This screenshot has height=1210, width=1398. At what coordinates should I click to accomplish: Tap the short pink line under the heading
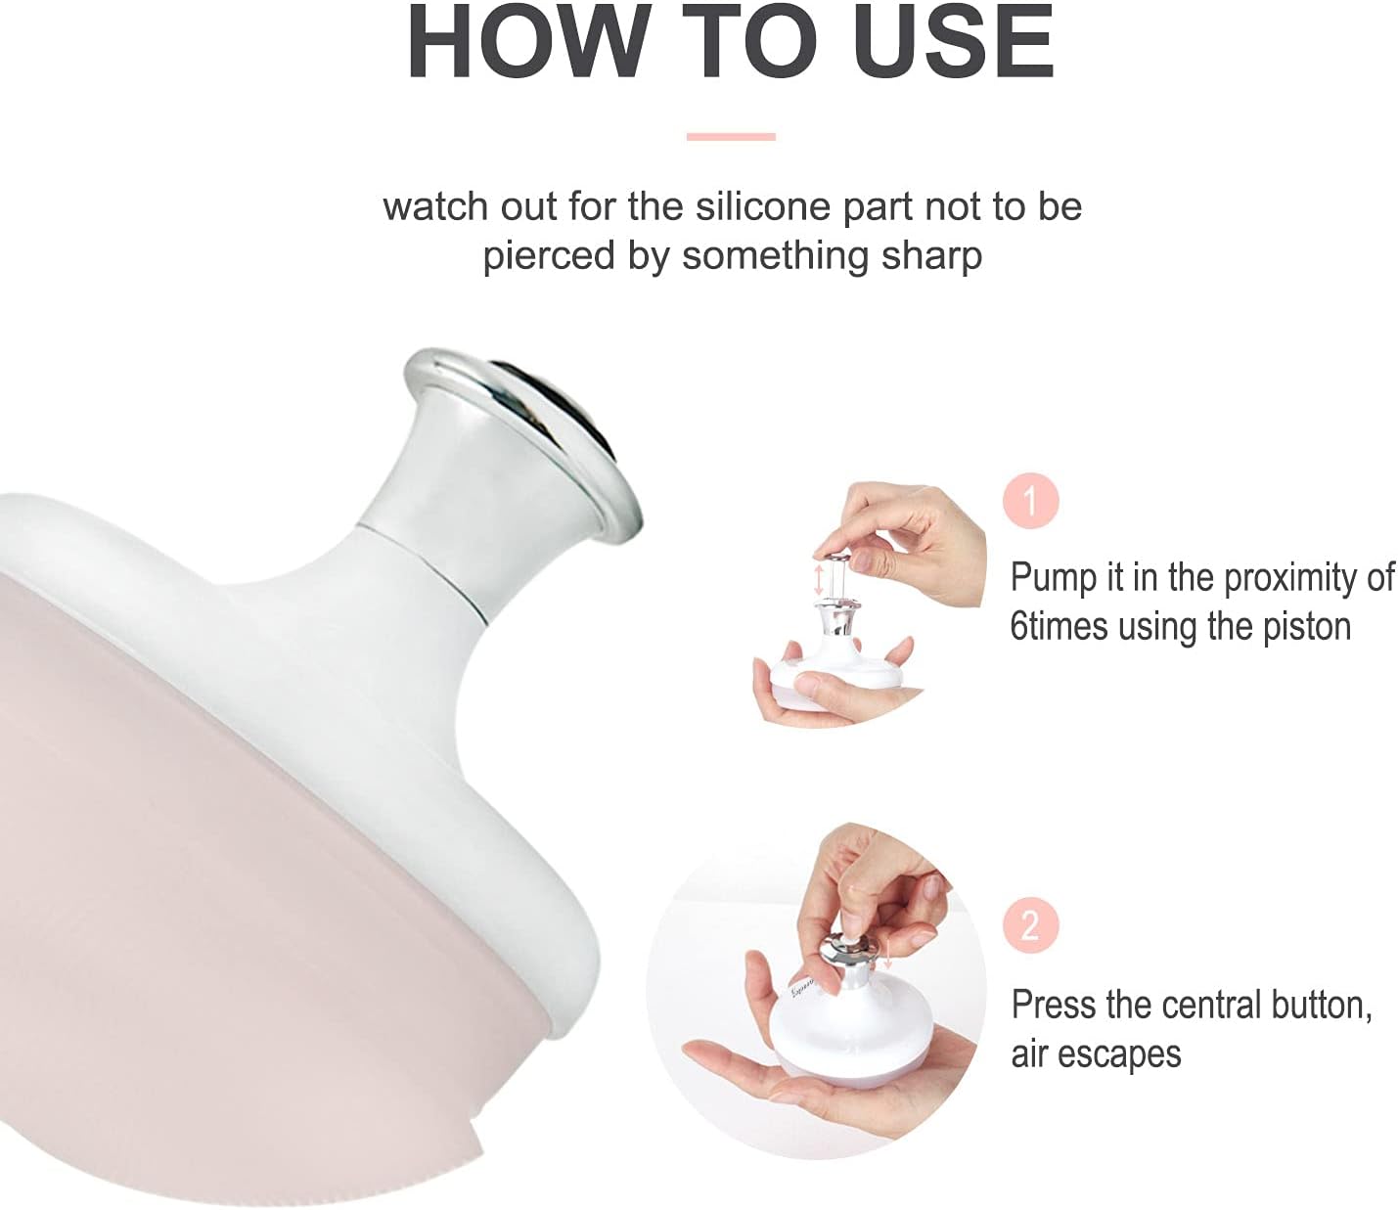(x=731, y=137)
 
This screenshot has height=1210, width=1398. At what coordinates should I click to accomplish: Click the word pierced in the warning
(x=544, y=256)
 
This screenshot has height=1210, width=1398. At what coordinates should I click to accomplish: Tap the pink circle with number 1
(x=1030, y=502)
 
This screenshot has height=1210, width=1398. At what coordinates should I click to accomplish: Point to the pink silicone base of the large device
(x=245, y=880)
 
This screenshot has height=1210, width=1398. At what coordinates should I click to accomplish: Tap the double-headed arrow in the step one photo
(x=818, y=578)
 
